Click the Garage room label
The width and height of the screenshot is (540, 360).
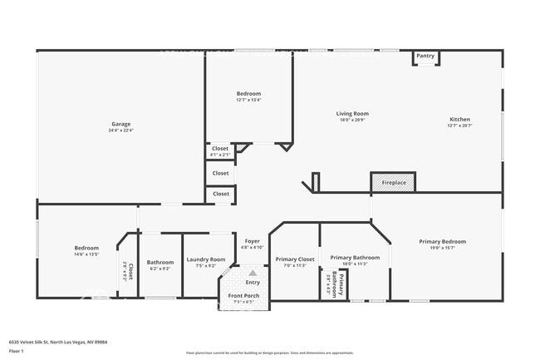tap(120, 124)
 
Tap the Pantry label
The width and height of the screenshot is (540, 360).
tap(425, 56)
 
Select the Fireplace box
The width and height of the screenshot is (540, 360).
tap(393, 182)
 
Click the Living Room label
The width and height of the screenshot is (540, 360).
tap(352, 114)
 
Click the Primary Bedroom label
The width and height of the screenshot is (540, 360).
tap(442, 241)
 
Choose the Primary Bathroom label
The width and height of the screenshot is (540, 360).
tap(354, 258)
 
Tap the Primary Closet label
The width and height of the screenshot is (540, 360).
tap(295, 259)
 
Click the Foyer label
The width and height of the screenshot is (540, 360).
tap(252, 241)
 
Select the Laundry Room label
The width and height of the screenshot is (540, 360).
tap(205, 259)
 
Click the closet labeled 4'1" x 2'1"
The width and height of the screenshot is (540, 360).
tap(220, 155)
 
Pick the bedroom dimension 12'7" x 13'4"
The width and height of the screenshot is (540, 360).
tap(248, 100)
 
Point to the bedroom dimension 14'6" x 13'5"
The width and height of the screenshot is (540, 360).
tap(86, 254)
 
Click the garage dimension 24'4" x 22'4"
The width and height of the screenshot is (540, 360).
tap(120, 130)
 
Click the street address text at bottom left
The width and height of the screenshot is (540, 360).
tap(57, 342)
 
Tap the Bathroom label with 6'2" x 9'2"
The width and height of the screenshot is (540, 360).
tap(160, 262)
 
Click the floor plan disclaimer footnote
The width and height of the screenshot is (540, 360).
tap(269, 353)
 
